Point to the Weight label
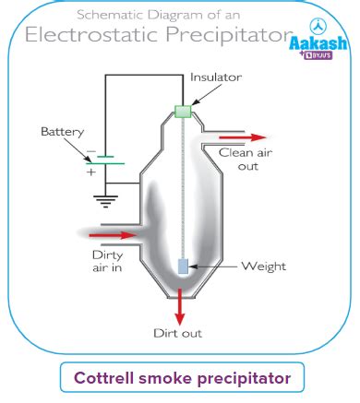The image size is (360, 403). pyautogui.click(x=263, y=267)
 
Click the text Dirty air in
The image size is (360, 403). pyautogui.click(x=107, y=261)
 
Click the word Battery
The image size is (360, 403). pyautogui.click(x=61, y=132)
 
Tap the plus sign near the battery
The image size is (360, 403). pyautogui.click(x=90, y=172)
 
